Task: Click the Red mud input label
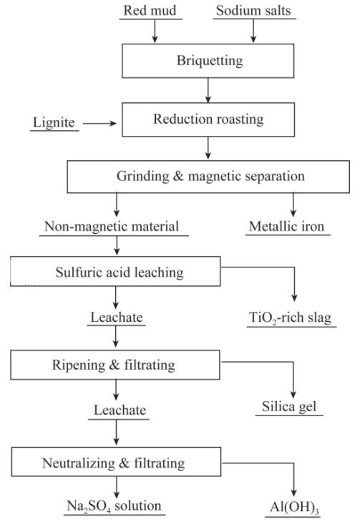150,11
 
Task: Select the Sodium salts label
253,11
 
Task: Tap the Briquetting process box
208,61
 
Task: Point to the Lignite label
54,122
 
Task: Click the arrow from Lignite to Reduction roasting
99,124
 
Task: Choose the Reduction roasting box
208,119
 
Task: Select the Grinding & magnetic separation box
208,177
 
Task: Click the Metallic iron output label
287,227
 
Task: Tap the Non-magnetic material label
112,227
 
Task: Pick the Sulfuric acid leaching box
115,271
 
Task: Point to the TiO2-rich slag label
290,317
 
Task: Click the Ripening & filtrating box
115,365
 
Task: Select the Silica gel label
289,406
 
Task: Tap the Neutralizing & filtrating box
117,462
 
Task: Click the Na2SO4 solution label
114,506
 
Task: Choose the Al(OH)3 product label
294,508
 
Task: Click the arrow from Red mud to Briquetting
155,31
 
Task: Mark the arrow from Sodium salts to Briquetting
253,31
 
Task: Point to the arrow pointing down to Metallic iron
293,205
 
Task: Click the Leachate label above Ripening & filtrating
117,317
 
